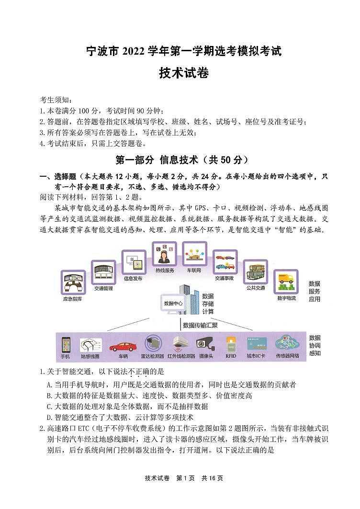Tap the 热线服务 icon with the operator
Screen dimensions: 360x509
click(x=164, y=254)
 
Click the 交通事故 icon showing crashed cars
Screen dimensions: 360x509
click(x=225, y=262)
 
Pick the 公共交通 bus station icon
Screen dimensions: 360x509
click(x=256, y=272)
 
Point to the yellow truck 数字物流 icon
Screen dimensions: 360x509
click(x=286, y=282)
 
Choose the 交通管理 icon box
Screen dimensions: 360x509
click(x=103, y=272)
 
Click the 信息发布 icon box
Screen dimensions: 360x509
click(x=134, y=263)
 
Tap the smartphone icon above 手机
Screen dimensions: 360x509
click(x=66, y=345)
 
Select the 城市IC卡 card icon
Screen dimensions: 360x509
click(x=257, y=345)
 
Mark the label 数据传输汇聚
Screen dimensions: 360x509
click(x=200, y=325)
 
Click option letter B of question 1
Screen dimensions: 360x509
click(x=49, y=396)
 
